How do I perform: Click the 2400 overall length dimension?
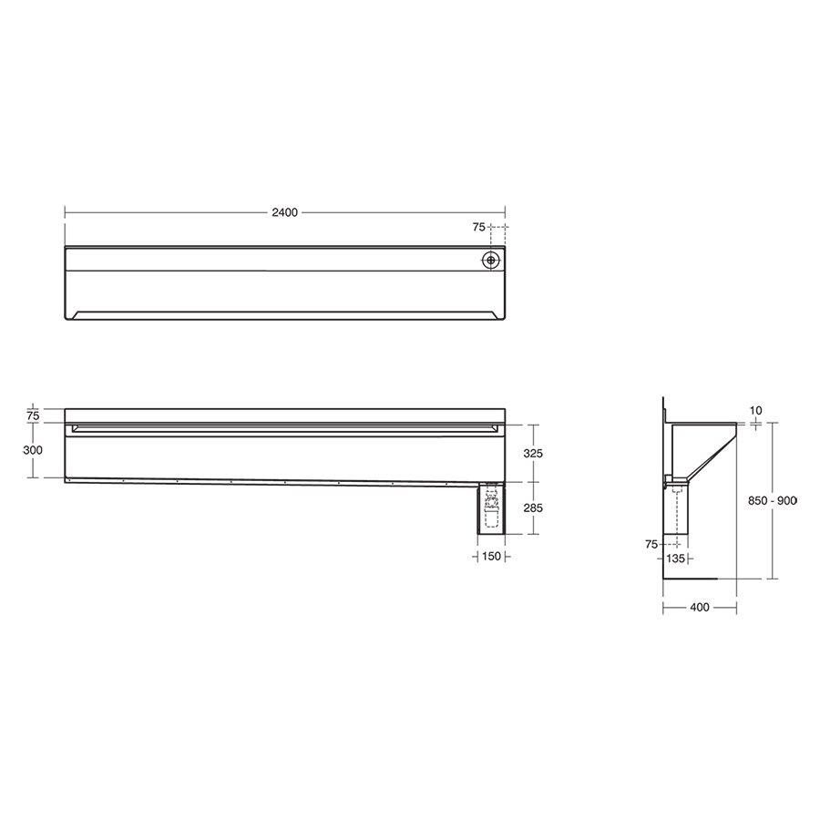pyautogui.click(x=285, y=213)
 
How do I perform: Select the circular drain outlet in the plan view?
pyautogui.click(x=492, y=260)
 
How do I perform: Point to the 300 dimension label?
pyautogui.click(x=33, y=450)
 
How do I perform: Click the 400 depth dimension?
pyautogui.click(x=700, y=609)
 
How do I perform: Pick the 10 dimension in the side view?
pyautogui.click(x=754, y=411)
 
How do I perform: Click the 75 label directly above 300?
pyautogui.click(x=33, y=415)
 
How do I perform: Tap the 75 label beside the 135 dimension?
pyautogui.click(x=651, y=544)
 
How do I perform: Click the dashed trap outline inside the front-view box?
pyautogui.click(x=491, y=508)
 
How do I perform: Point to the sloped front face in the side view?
pyautogui.click(x=711, y=456)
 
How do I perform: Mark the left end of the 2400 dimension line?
pyautogui.click(x=65, y=213)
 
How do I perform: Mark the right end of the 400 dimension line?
pyautogui.click(x=736, y=609)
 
